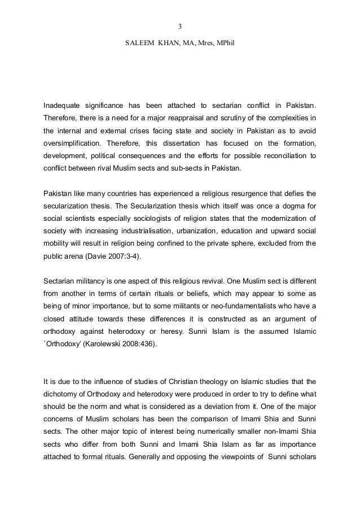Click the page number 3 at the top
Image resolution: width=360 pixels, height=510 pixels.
pos(179,25)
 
